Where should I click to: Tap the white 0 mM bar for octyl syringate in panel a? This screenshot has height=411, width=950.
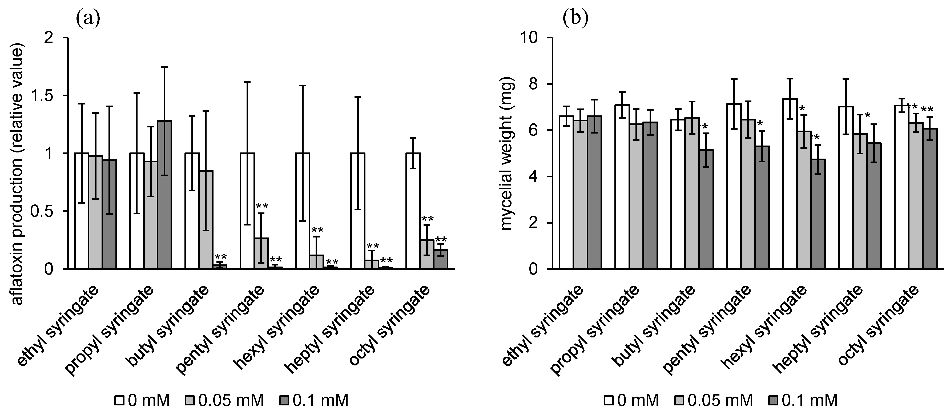(413, 211)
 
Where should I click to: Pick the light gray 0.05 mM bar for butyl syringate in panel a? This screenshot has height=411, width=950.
(206, 220)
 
